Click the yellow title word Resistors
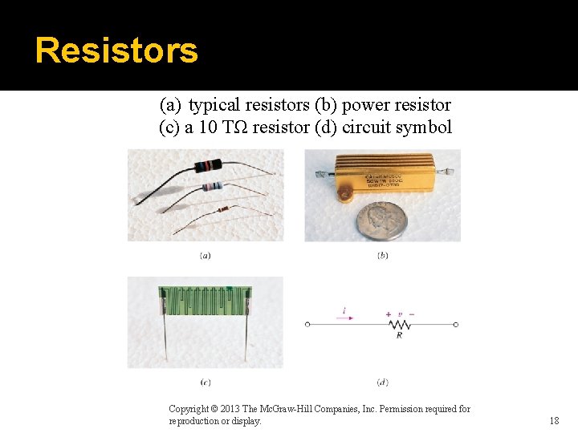(x=116, y=50)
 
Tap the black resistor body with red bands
(x=206, y=167)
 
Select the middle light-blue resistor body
(x=212, y=187)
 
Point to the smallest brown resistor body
(x=222, y=208)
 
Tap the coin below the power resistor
(x=382, y=220)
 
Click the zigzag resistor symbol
(x=399, y=324)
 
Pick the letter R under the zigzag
(x=399, y=335)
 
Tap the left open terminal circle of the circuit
(x=307, y=324)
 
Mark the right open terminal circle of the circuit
(x=455, y=324)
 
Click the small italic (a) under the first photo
(x=206, y=256)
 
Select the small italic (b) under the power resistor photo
(x=382, y=256)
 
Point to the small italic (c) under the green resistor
(x=206, y=382)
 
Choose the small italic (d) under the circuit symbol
(x=382, y=382)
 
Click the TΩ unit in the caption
(x=236, y=127)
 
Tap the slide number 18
(x=554, y=421)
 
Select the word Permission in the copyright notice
(x=417, y=409)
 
